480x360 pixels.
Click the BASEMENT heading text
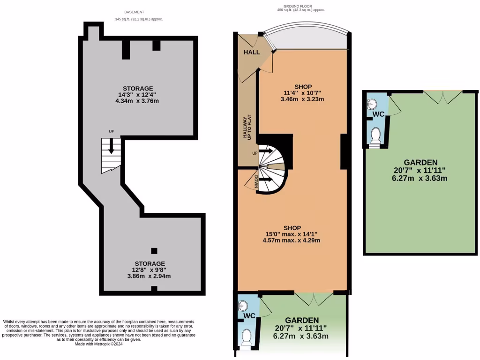134,12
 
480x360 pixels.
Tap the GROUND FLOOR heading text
300,6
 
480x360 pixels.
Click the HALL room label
251,52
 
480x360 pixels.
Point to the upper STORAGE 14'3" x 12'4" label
138,95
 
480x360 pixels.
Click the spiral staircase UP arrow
267,152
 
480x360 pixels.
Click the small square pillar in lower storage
154,251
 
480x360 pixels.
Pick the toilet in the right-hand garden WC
375,135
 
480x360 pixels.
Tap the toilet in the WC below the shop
246,337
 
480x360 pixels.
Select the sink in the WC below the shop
242,305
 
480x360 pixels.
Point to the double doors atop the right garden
443,97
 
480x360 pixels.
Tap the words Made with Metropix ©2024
98,344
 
